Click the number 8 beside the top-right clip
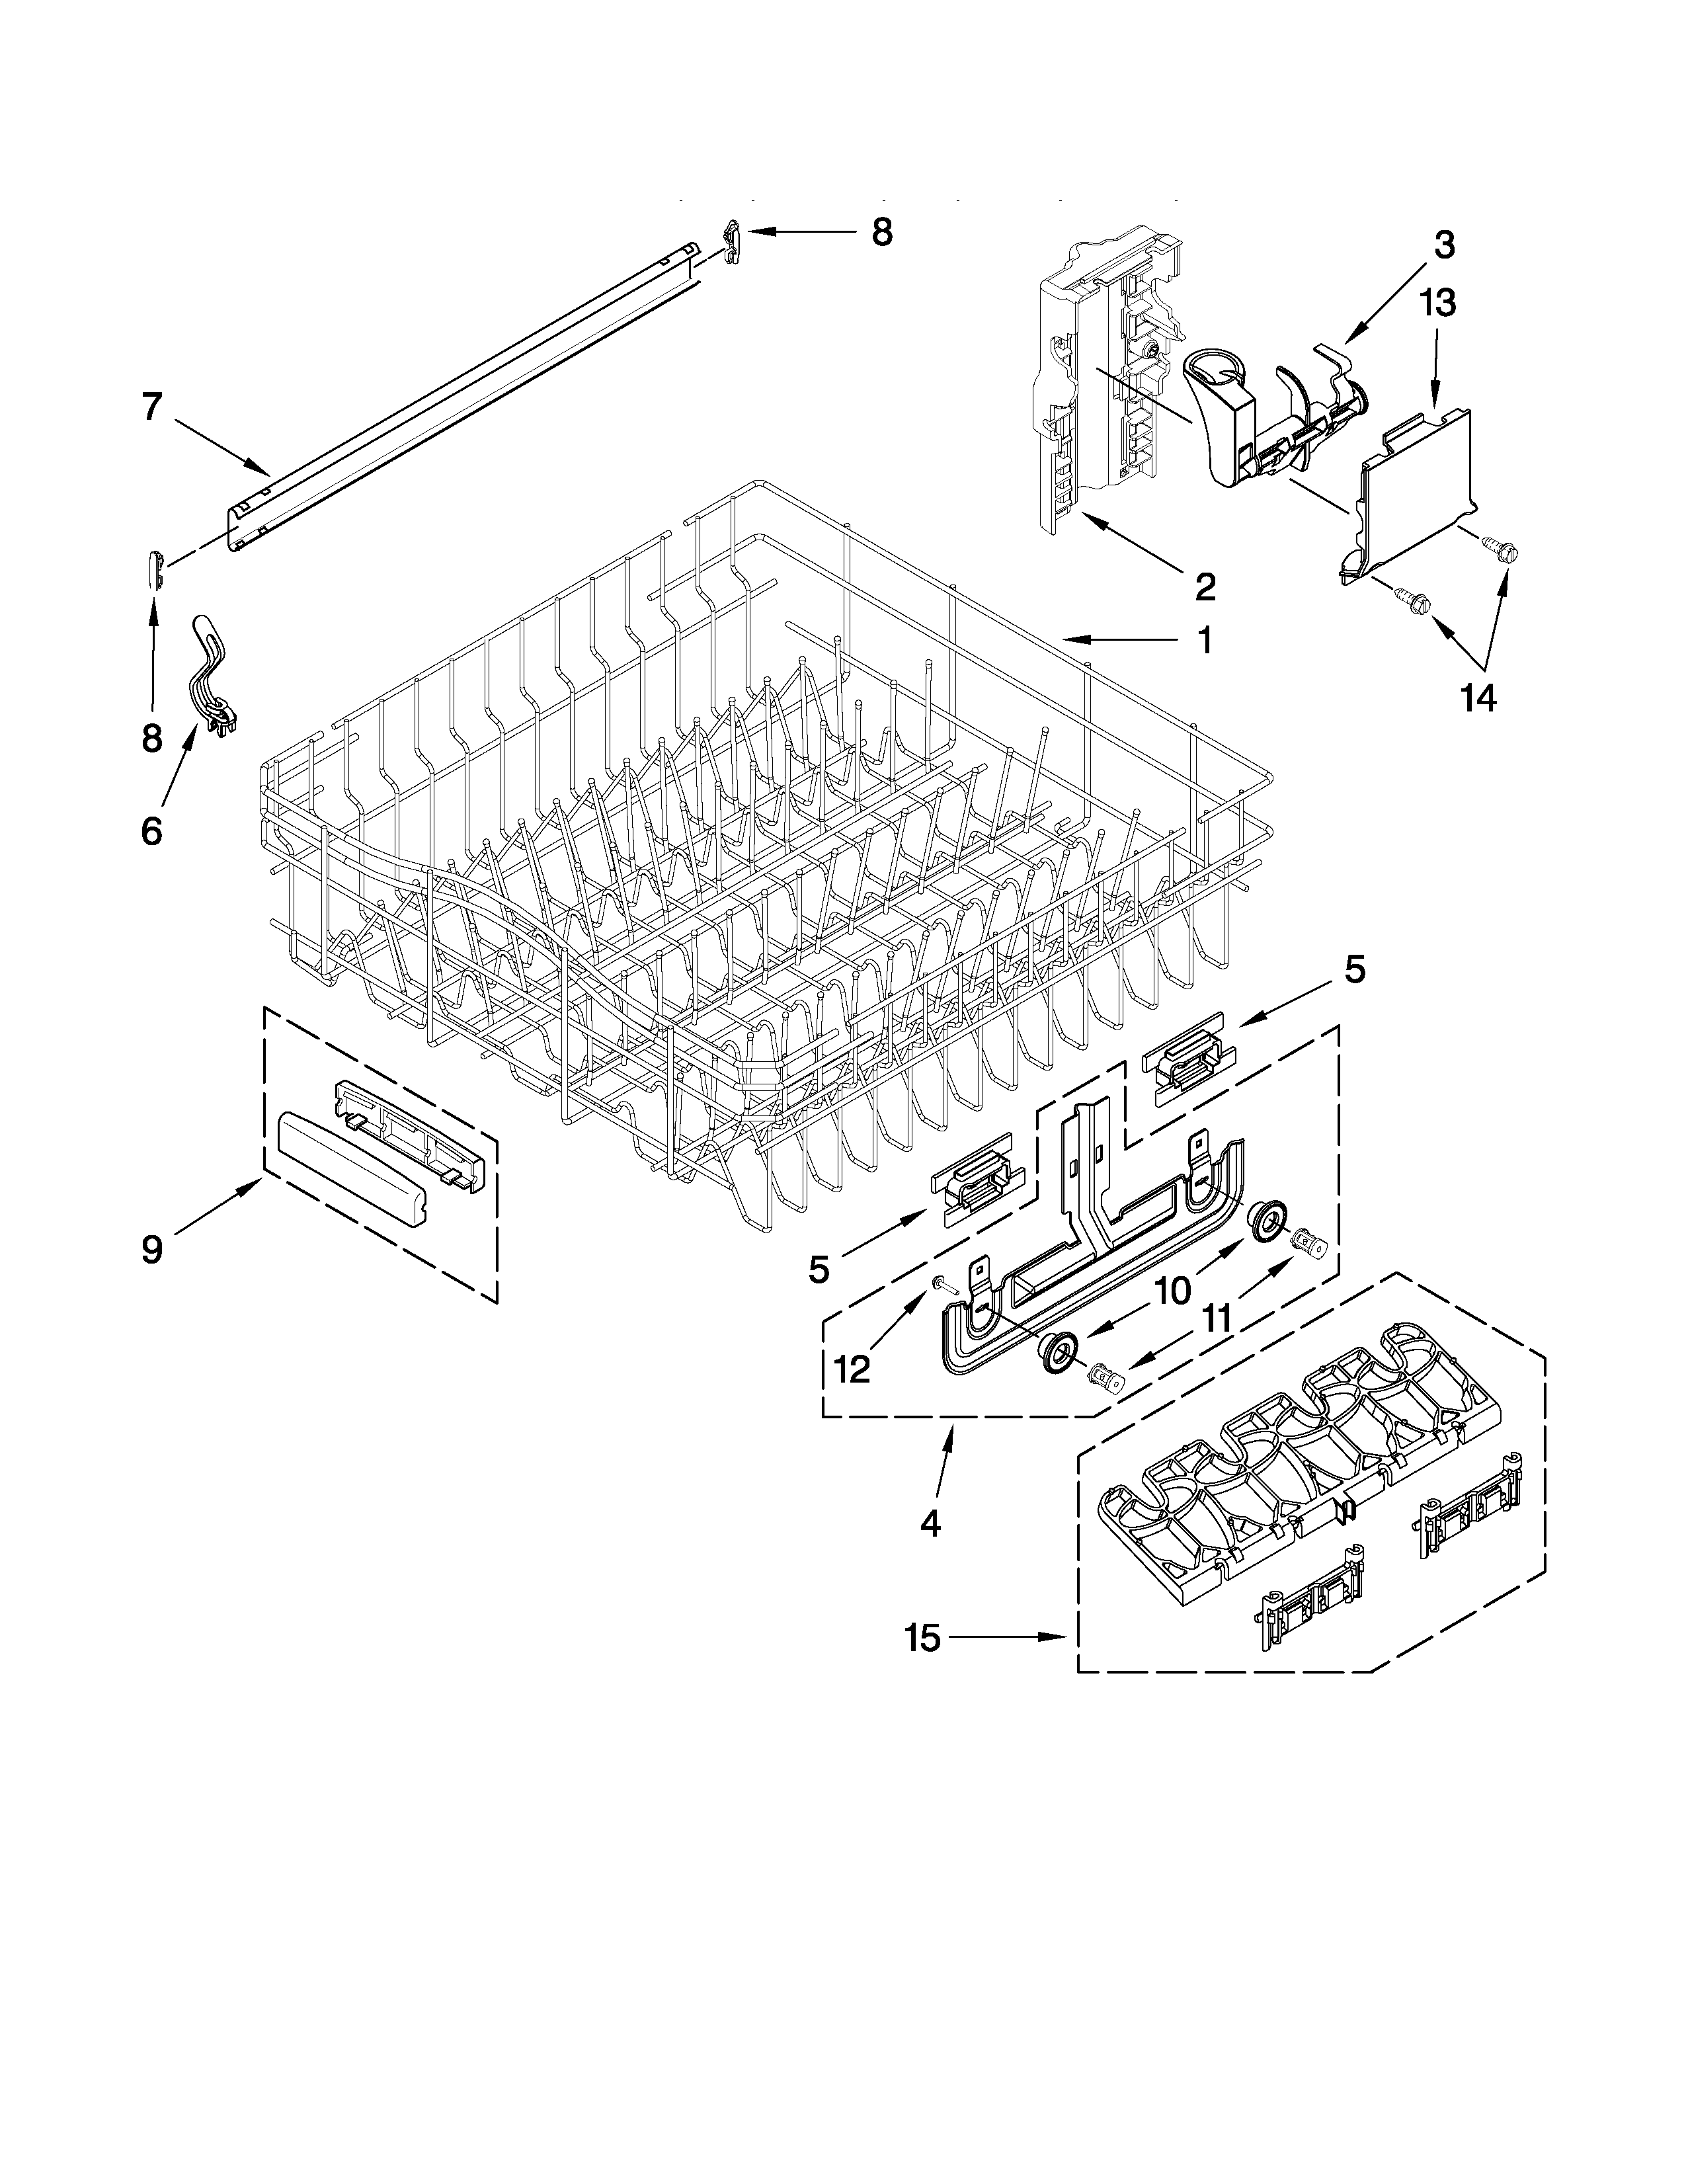881,232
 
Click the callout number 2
1205,586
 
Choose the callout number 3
1443,245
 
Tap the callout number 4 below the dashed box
930,1523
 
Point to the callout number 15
923,1638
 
